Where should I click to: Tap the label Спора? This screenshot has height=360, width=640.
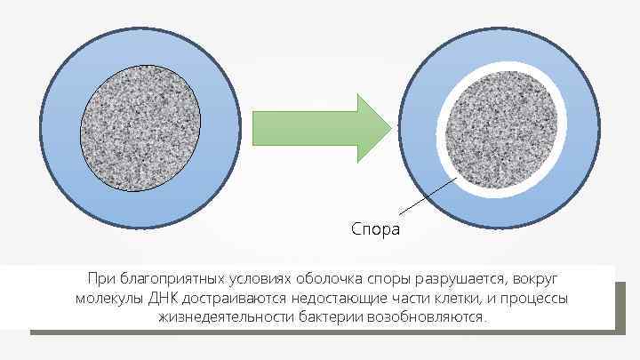point(375,229)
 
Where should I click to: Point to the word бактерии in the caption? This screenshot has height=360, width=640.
point(327,316)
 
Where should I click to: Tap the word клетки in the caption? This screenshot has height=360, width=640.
point(454,298)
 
